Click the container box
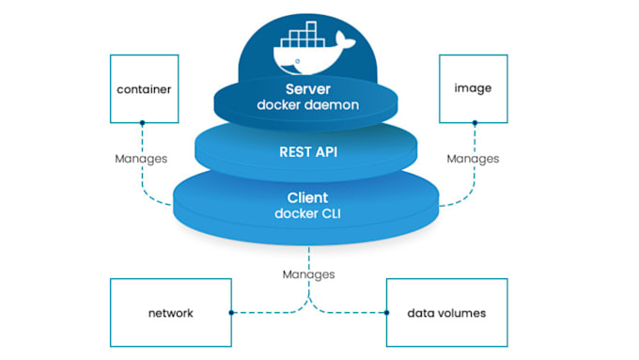(145, 89)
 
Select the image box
(473, 89)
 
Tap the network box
(171, 313)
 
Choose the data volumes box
(447, 313)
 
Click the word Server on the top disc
(308, 89)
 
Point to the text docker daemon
(308, 104)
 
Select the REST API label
(308, 152)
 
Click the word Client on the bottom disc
(307, 197)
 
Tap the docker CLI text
(307, 213)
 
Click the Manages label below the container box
(141, 159)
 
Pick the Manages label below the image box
(473, 159)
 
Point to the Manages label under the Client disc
(309, 274)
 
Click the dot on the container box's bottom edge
(142, 123)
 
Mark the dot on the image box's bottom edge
(475, 123)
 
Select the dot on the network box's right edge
(231, 313)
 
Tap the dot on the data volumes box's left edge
(387, 313)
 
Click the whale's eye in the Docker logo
(298, 61)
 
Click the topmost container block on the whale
(311, 26)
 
